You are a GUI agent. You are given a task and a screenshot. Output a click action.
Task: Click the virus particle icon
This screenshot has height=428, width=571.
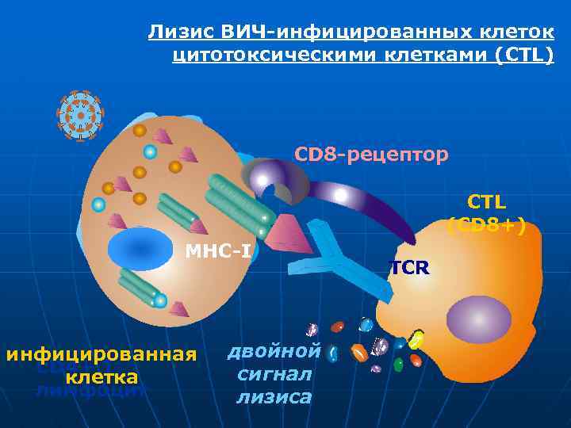coord(80,116)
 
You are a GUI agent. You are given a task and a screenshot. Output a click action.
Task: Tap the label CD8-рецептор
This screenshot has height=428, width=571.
coord(371,153)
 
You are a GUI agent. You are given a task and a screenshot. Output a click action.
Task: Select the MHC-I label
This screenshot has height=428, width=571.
coord(218,252)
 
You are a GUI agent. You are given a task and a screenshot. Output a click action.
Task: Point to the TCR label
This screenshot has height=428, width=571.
coord(409,268)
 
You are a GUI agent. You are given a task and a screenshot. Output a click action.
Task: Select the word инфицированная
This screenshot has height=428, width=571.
coord(102,353)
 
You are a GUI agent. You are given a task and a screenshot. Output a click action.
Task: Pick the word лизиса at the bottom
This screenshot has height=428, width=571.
coord(273,397)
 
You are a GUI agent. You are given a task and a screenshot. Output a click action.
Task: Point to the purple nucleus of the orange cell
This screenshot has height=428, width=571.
coord(478,319)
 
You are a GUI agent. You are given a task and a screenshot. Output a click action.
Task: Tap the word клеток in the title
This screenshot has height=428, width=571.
coord(516,33)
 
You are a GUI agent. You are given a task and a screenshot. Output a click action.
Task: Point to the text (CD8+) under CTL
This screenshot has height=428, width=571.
coord(486,225)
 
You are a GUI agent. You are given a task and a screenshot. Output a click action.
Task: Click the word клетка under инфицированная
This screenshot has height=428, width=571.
coord(102,377)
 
